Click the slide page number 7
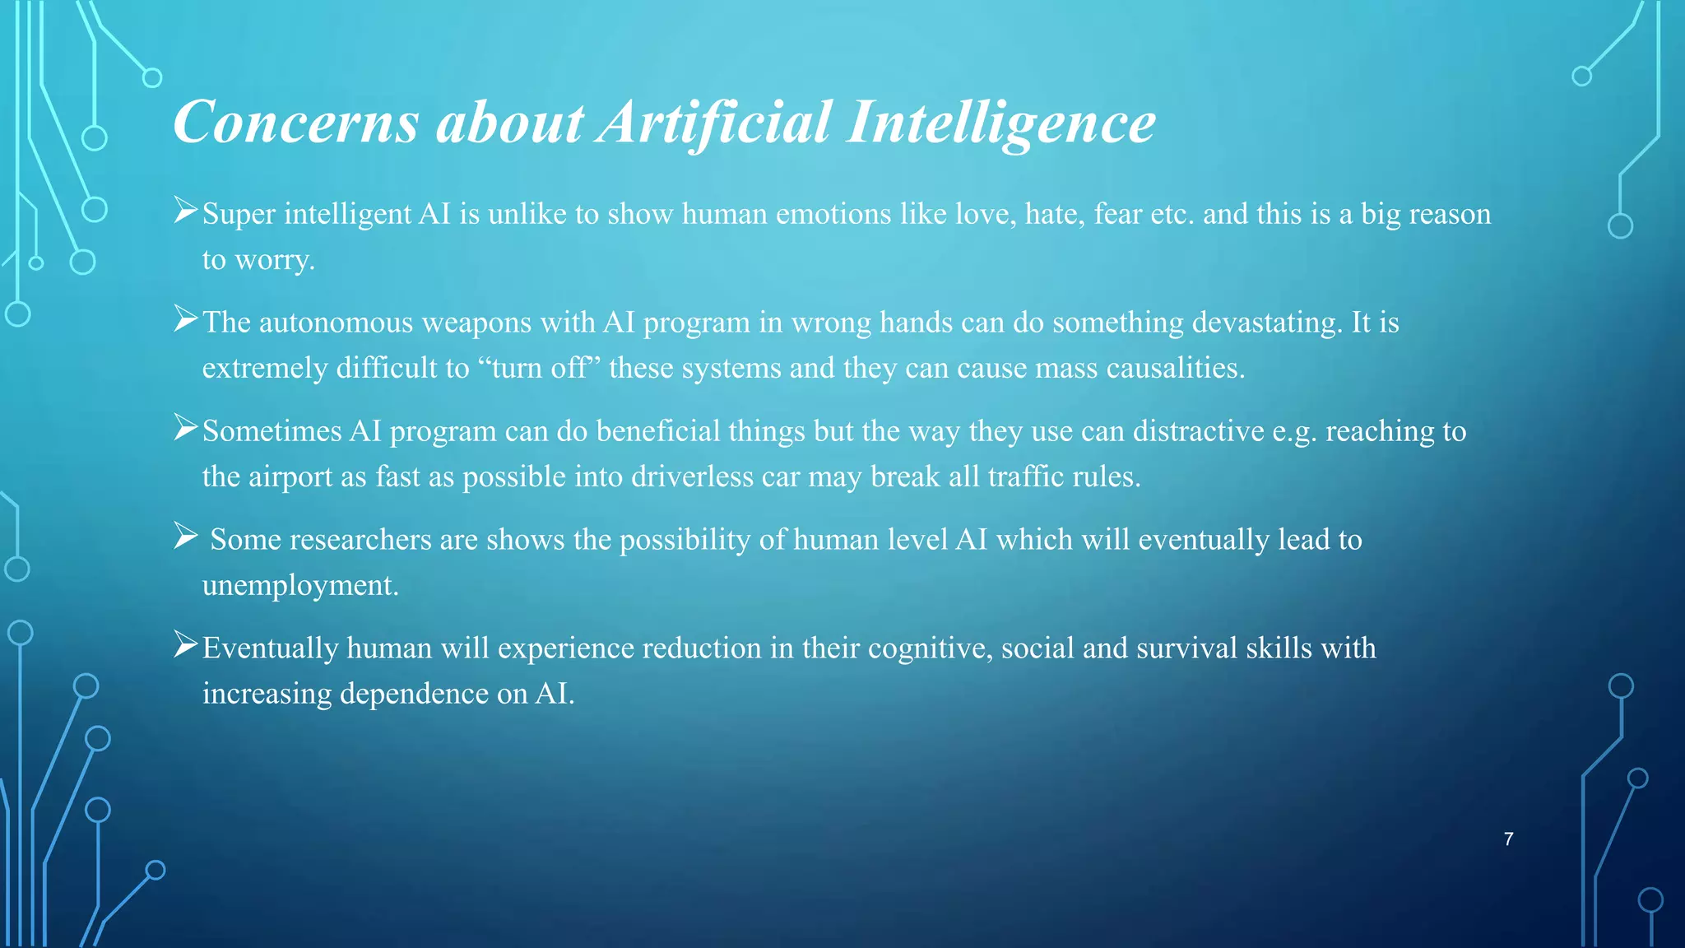[x=1508, y=839]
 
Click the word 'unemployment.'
[x=300, y=585]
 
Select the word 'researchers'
[x=360, y=540]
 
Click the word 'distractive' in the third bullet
[x=1198, y=431]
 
